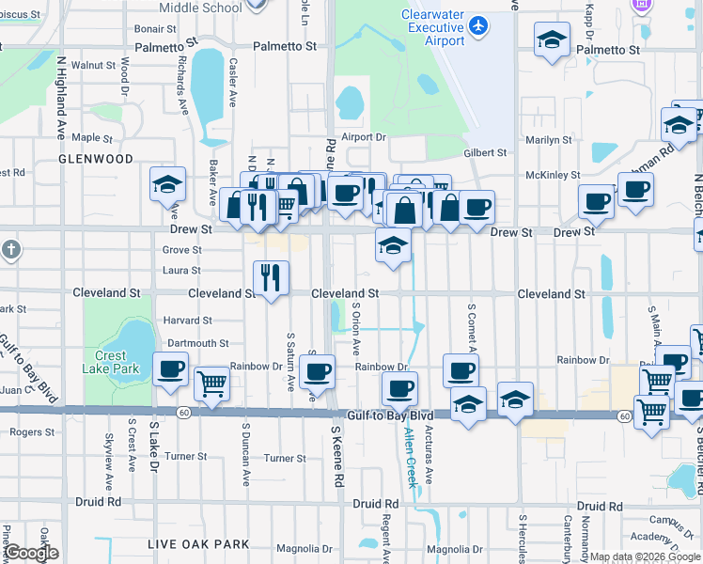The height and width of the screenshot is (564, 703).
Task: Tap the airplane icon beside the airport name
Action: coord(478,25)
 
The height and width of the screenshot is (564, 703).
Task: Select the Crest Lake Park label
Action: coord(117,363)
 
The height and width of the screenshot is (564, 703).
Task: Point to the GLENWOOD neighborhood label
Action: coord(96,159)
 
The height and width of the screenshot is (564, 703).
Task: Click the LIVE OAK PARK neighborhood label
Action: coord(198,544)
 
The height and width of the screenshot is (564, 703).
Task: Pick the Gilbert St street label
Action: coord(485,152)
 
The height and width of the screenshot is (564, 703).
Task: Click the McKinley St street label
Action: coord(554,175)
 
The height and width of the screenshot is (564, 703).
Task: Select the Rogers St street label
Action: coord(33,432)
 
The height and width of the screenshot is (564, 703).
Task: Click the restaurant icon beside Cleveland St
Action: coord(271,277)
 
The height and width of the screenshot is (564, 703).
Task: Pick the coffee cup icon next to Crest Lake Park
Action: coord(170,369)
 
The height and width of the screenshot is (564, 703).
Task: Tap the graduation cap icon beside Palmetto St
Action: coord(553,40)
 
